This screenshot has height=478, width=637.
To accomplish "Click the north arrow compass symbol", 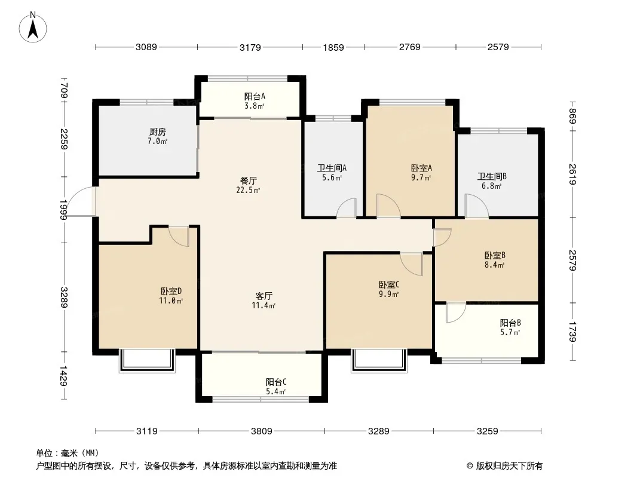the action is coord(33,27).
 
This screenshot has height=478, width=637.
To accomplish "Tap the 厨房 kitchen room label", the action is coord(158,132).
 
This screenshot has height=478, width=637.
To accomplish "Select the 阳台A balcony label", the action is coord(255,97).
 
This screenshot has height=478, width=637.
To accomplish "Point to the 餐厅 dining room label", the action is coord(248,180).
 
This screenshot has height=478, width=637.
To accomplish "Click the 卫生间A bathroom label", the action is coord(332,168).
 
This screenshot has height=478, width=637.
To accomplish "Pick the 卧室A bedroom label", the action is coord(421,168).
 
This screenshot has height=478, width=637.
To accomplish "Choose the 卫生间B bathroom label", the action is coord(492,177).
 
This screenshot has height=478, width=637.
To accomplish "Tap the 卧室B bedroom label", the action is coord(495,256).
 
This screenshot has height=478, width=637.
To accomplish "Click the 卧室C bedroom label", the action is coord(389,284).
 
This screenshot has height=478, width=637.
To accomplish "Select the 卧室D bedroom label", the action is coord(171,291).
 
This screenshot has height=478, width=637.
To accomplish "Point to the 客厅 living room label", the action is coord(264,296).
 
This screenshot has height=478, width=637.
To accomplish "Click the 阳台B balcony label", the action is coord(510,323).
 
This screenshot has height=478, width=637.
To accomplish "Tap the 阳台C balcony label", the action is coord(276,382).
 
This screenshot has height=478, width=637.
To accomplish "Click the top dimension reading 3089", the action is coord(146,47).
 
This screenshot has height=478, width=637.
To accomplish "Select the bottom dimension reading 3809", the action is coord(262,431).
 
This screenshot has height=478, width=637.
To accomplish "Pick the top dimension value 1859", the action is coord(333,48).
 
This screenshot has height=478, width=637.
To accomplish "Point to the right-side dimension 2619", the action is coord(572,174).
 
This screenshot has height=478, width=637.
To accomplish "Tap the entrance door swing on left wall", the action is coord(82,201).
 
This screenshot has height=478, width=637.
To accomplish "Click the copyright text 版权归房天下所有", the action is coord(509,466).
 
